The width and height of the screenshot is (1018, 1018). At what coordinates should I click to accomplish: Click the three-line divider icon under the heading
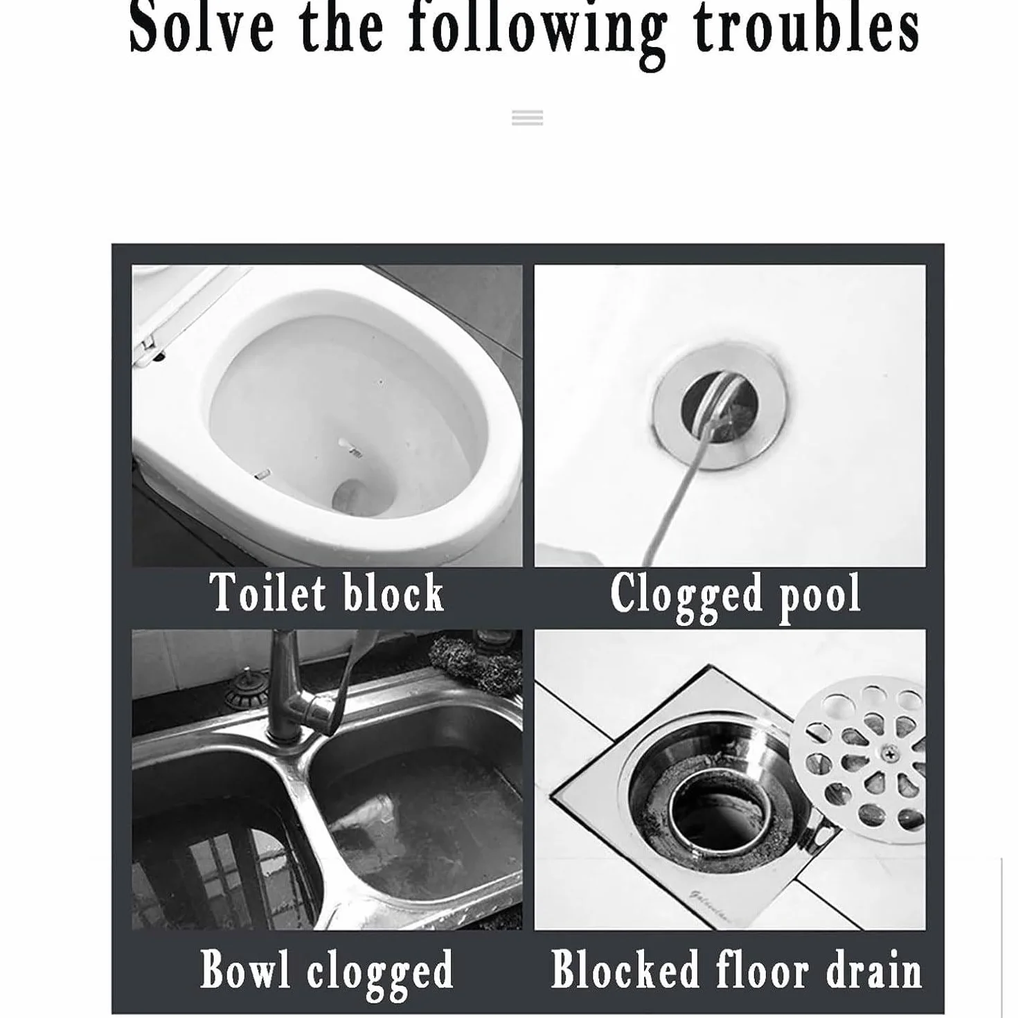coord(527,117)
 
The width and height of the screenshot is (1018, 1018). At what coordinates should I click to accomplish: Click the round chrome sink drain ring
coord(720,406)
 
